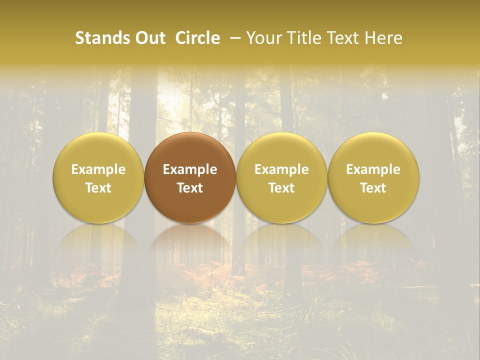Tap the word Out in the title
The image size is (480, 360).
pos(149,38)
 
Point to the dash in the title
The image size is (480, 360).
pos(233,38)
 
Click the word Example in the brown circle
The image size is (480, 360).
pos(190,169)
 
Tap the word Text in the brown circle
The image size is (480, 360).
pos(190,188)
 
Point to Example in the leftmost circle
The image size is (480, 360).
pos(98,169)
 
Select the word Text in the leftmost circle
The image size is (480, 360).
pos(98,188)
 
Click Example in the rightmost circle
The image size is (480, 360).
pos(373,169)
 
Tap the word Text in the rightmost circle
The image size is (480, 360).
pos(373,188)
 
